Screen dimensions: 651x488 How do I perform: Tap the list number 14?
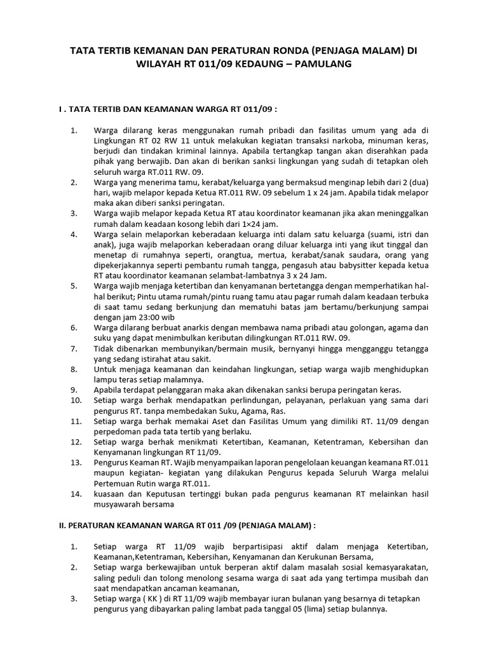75,493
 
